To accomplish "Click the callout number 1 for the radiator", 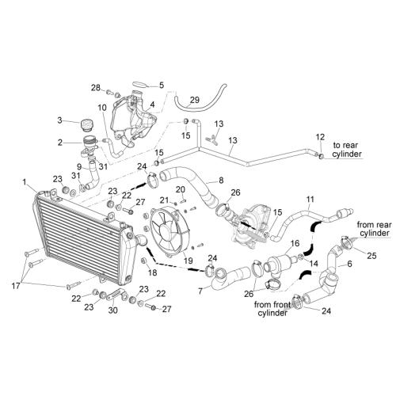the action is (25, 182).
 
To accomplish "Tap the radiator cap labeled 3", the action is (86, 125).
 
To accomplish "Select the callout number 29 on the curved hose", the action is (195, 100).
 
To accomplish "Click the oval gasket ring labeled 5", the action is (140, 85).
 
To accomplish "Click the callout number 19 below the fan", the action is (188, 261).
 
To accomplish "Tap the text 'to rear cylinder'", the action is (347, 150).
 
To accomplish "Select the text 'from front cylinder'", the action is (271, 309).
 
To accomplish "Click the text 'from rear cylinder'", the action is (374, 229).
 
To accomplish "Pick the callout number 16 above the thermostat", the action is (295, 243).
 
